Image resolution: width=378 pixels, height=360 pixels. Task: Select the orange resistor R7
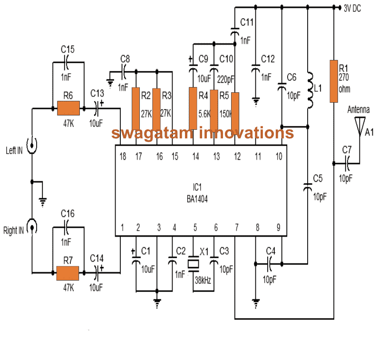[x=68, y=273]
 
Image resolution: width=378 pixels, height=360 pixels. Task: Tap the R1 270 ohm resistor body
[x=334, y=81]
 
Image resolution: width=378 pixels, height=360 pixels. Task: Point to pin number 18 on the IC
[x=122, y=156]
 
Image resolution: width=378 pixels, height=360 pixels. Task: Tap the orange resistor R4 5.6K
[x=193, y=108]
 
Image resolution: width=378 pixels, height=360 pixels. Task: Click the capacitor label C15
[x=68, y=49]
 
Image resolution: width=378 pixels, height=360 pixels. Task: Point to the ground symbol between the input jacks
[x=43, y=202]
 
